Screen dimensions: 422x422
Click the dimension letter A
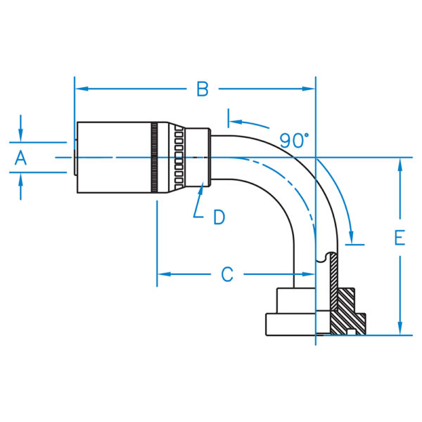click(x=20, y=158)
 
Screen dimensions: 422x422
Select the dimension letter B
click(x=203, y=89)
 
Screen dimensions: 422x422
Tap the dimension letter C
click(x=227, y=274)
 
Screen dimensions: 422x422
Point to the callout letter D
click(x=219, y=217)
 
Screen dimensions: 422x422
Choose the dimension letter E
click(x=399, y=238)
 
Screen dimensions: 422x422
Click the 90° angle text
click(x=294, y=141)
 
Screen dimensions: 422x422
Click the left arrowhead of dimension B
click(x=82, y=89)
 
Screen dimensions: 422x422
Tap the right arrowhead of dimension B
click(x=309, y=89)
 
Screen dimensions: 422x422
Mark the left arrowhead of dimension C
click(x=164, y=274)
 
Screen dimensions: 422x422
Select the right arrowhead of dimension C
click(x=309, y=274)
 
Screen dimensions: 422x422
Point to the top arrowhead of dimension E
click(x=400, y=165)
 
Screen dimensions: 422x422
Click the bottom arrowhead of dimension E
click(x=400, y=328)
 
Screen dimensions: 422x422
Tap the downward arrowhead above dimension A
click(x=20, y=135)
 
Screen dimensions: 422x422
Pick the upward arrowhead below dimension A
click(x=20, y=179)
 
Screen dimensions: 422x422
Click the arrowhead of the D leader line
click(x=200, y=188)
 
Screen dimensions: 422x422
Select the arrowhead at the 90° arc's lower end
click(x=351, y=238)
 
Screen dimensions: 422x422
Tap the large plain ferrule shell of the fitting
click(x=114, y=158)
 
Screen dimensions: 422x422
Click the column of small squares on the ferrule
click(x=179, y=158)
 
